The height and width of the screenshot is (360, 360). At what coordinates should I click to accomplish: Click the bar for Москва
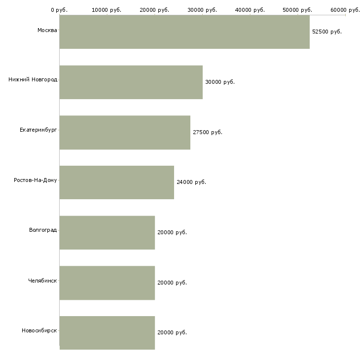pyautogui.click(x=184, y=32)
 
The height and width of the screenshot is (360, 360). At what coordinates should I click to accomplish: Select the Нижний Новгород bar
pyautogui.click(x=131, y=82)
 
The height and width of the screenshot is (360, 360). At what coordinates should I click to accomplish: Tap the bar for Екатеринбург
pyautogui.click(x=125, y=133)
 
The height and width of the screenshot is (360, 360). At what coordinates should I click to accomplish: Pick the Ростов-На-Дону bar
pyautogui.click(x=117, y=182)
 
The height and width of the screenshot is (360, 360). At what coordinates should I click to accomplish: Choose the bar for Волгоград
pyautogui.click(x=107, y=233)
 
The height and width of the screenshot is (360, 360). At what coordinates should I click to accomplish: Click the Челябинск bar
pyautogui.click(x=107, y=283)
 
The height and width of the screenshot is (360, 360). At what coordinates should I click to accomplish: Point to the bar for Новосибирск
pyautogui.click(x=107, y=333)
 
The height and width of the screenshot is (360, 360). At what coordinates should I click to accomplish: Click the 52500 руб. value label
pyautogui.click(x=327, y=32)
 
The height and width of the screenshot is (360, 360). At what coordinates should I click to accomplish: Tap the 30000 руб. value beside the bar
pyautogui.click(x=220, y=82)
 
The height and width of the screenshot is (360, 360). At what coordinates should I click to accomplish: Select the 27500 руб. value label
pyautogui.click(x=208, y=132)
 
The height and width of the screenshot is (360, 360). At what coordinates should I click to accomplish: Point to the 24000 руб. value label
pyautogui.click(x=191, y=182)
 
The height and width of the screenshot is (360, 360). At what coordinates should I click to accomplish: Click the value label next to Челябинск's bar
pyautogui.click(x=172, y=283)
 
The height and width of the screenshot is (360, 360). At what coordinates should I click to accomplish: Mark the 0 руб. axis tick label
pyautogui.click(x=59, y=10)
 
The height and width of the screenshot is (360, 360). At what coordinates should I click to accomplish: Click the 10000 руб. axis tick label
pyautogui.click(x=107, y=10)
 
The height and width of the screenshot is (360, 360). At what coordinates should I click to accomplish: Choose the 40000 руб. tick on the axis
pyautogui.click(x=250, y=10)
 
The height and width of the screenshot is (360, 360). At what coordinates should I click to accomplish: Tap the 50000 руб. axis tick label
pyautogui.click(x=297, y=10)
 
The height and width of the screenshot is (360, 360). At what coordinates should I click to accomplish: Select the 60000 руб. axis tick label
pyautogui.click(x=345, y=10)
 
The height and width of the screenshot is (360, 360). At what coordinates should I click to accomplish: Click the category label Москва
pyautogui.click(x=47, y=30)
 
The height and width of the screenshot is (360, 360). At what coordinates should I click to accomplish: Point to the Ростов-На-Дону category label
pyautogui.click(x=36, y=180)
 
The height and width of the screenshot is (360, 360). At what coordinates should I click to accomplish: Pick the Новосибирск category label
pyautogui.click(x=39, y=330)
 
